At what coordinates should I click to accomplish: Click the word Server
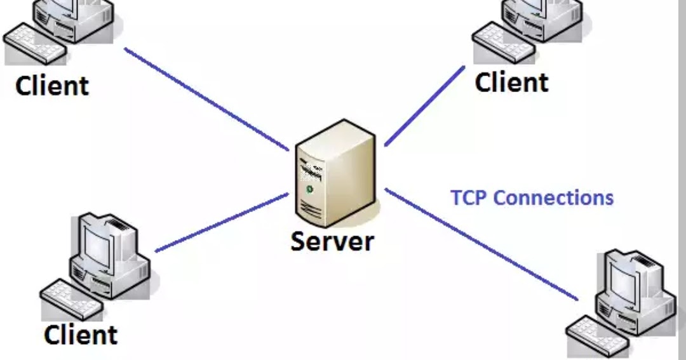tap(333, 241)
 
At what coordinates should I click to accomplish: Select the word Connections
tap(553, 197)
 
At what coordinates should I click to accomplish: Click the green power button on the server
tap(310, 189)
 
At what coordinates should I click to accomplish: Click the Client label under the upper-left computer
tap(52, 85)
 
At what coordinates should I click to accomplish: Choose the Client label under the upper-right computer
tap(511, 82)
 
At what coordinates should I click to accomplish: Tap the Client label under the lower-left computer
tap(81, 335)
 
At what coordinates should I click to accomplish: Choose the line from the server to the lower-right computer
tap(483, 244)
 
